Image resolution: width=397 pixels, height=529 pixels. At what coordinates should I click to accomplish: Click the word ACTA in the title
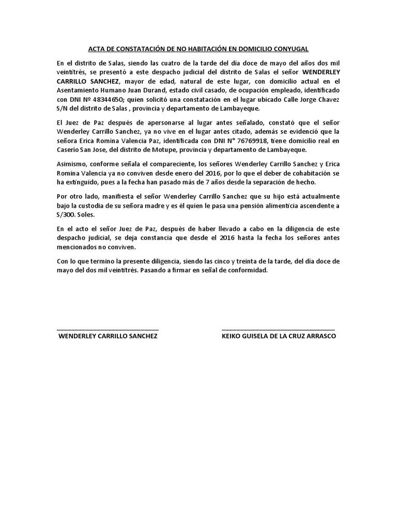tap(97, 49)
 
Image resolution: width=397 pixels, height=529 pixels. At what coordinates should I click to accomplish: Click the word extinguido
tap(84, 182)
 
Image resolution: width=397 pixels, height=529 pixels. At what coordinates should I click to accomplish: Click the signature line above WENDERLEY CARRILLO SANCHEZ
tap(108, 328)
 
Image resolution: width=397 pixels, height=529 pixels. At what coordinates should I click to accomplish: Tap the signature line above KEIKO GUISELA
tap(278, 328)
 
